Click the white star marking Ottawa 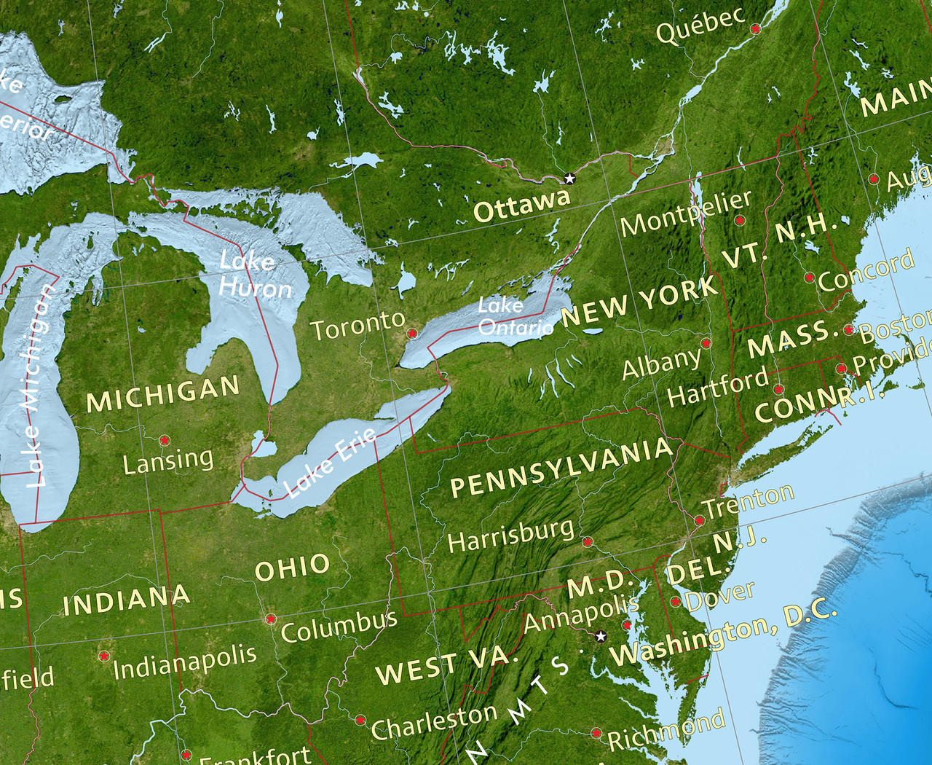(x=569, y=178)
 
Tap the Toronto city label (x=358, y=326)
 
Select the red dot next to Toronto (x=411, y=333)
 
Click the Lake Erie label (x=331, y=462)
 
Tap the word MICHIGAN (x=163, y=393)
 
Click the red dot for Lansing (x=165, y=440)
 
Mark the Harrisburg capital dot (x=587, y=541)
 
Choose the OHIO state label (x=293, y=568)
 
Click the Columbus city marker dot (x=271, y=619)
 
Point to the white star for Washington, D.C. (x=601, y=636)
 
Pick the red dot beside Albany (x=705, y=342)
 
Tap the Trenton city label (x=748, y=501)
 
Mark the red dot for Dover (x=676, y=602)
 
